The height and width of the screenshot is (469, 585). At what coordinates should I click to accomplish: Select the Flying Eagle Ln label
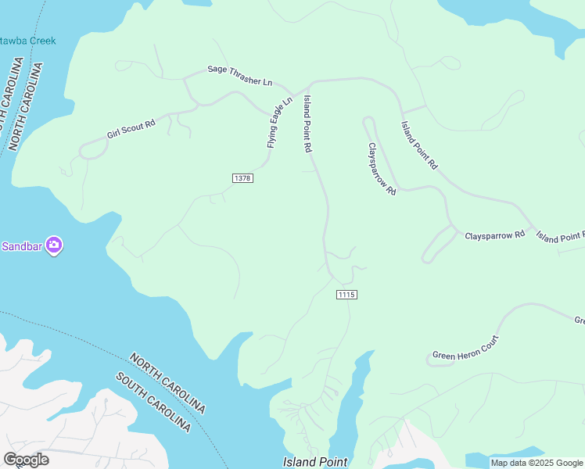[x=279, y=122]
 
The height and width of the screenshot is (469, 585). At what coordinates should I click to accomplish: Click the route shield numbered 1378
[x=242, y=178]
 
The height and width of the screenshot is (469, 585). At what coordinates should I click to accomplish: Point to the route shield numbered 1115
[x=347, y=294]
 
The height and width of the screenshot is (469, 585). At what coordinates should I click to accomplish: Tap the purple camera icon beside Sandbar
[x=54, y=245]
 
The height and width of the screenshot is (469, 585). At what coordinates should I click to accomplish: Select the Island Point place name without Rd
[x=314, y=462]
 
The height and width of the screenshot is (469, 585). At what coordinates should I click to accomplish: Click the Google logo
[x=26, y=460]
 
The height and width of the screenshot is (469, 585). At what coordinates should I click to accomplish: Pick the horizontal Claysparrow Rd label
[x=494, y=234]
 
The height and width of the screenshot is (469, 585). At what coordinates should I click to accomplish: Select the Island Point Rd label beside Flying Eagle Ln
[x=308, y=124]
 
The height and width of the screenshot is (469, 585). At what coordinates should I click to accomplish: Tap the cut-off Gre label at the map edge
[x=580, y=320]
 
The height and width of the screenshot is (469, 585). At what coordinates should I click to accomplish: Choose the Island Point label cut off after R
[x=560, y=236]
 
